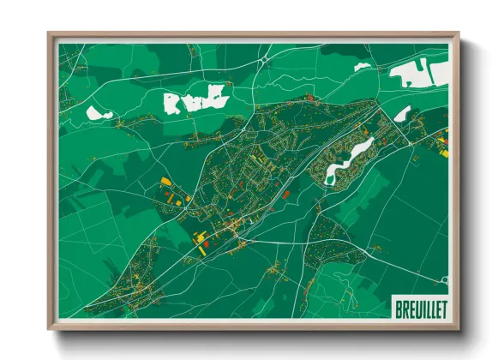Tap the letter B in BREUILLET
tap(398, 307)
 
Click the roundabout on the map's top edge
tap(267, 59)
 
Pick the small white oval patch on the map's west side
tap(99, 112)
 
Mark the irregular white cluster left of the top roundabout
tap(196, 99)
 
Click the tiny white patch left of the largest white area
tap(363, 65)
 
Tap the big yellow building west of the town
tap(166, 182)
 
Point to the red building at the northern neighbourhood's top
tap(310, 100)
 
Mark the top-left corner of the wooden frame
tap(50, 35)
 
